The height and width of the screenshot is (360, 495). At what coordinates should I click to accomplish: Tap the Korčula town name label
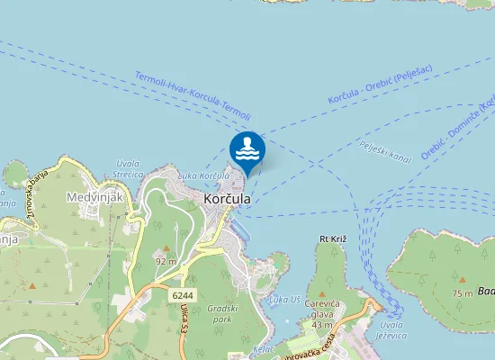click(x=229, y=199)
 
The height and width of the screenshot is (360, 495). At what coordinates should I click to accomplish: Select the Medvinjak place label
click(x=94, y=195)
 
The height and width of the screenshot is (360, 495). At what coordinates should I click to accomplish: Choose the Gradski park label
click(x=221, y=314)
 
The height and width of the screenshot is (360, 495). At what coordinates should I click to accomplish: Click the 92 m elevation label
click(x=165, y=261)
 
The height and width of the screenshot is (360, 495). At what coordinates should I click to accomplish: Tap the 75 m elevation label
click(x=463, y=293)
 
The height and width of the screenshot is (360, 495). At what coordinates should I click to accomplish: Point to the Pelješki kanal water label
click(x=384, y=150)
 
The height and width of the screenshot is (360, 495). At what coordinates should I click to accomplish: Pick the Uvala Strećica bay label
click(x=130, y=168)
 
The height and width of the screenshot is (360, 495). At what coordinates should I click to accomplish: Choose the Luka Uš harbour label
click(x=285, y=299)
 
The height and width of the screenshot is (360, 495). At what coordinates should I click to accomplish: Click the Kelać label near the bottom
click(x=265, y=347)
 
